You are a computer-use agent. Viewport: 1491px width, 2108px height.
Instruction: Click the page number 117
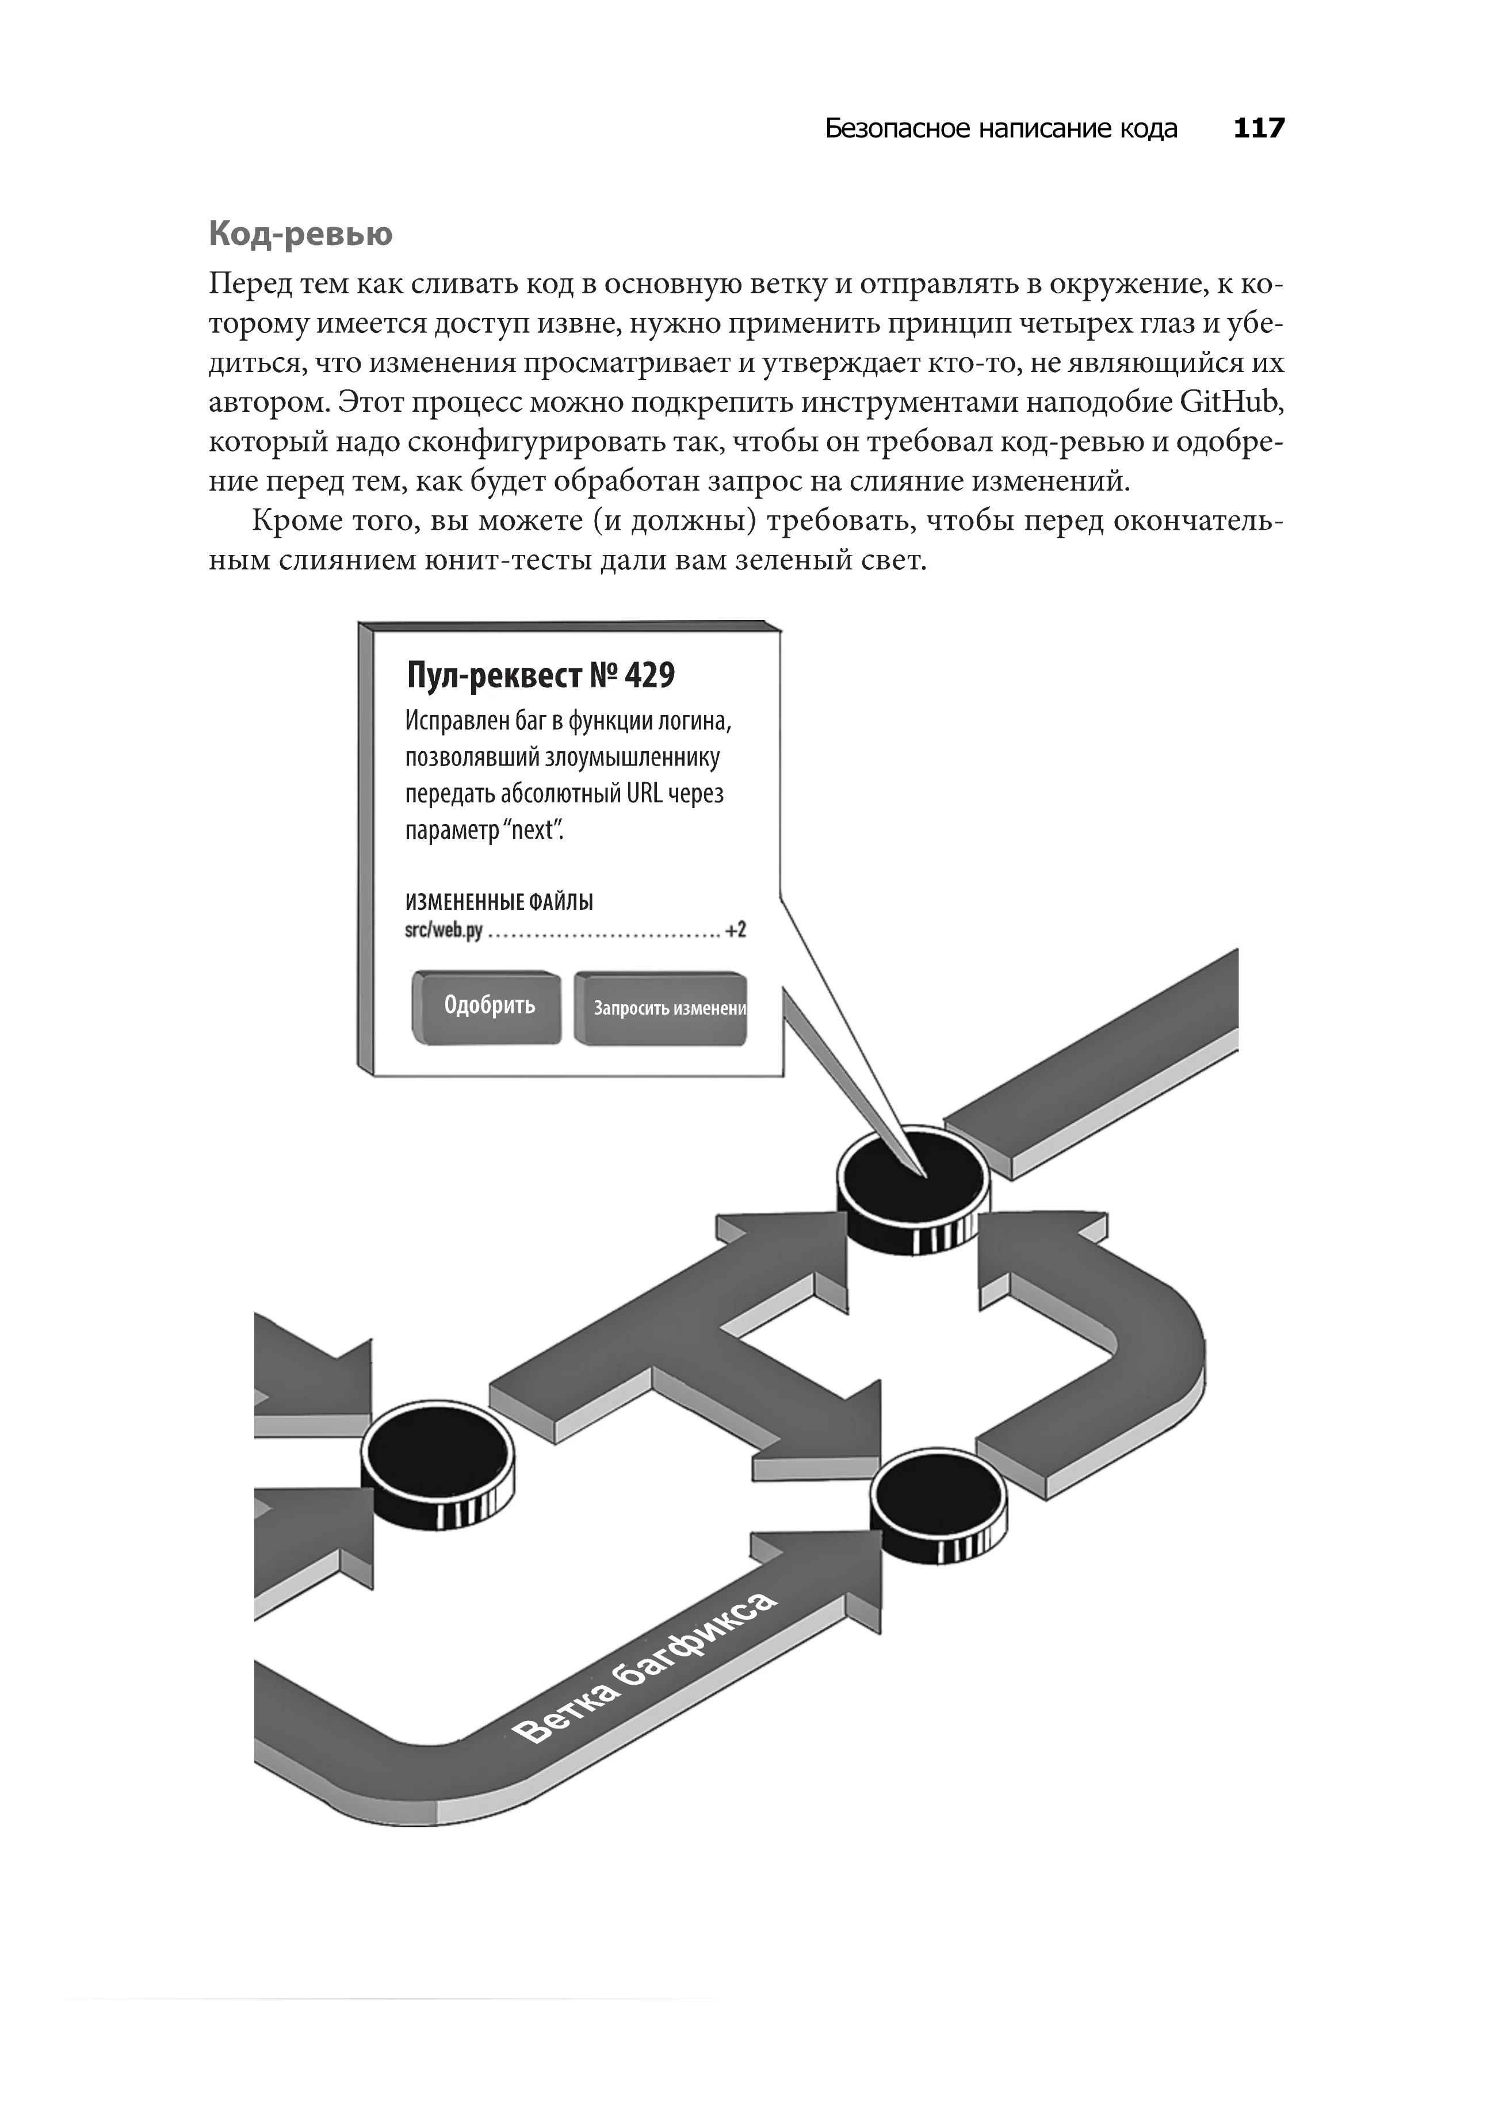[1259, 128]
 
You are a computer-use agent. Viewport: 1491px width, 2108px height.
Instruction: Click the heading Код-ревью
[300, 234]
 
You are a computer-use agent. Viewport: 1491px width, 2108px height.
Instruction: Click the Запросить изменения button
[661, 1008]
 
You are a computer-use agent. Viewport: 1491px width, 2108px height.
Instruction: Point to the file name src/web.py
[444, 930]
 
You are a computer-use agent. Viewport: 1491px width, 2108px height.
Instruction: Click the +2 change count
[735, 930]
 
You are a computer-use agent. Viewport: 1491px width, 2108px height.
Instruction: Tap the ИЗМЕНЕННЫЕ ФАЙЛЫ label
[499, 902]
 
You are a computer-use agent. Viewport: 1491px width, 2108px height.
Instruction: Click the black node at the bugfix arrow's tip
[938, 1499]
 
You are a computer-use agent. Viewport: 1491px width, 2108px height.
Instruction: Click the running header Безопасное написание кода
[1001, 128]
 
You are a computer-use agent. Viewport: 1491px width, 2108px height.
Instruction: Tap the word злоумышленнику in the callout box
[633, 759]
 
